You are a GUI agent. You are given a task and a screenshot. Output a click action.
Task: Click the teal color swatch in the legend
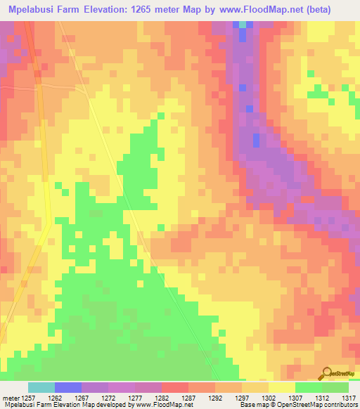tap(41, 387)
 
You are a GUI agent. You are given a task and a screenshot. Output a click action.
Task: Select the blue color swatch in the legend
tap(67, 387)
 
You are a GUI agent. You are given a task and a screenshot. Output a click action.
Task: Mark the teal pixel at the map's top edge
tap(243, 24)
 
